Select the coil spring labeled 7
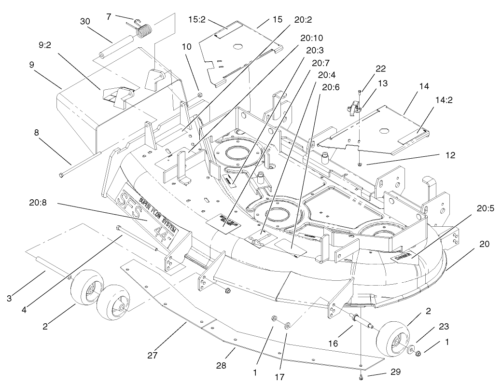tap(144, 31)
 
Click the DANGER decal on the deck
tap(403, 257)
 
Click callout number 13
tap(382, 83)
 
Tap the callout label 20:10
tap(311, 38)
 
